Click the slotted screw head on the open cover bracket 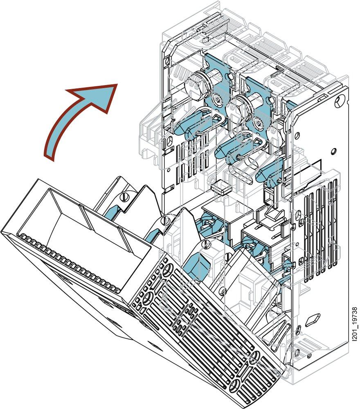click(x=126, y=198)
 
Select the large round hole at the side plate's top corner click(x=339, y=101)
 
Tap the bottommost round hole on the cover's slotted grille click(x=237, y=384)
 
